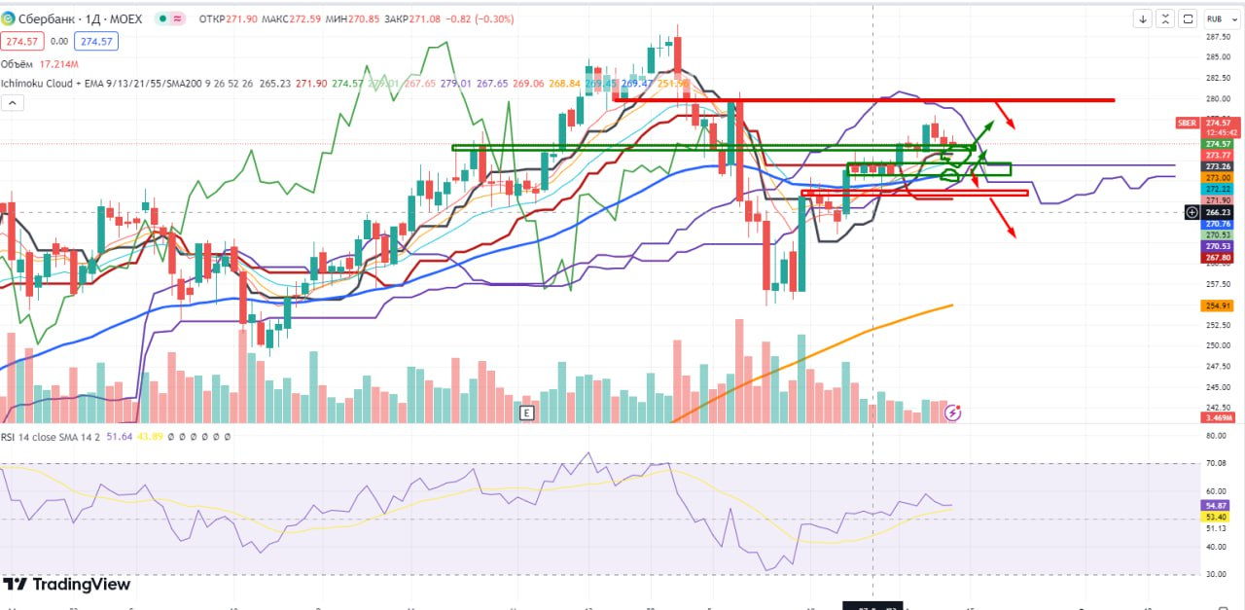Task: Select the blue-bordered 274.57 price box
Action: coord(97,41)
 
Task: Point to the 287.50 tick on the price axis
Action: coord(1219,37)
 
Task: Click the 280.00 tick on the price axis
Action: coord(1219,98)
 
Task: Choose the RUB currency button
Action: coord(1215,18)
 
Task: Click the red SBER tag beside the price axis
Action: coord(1187,124)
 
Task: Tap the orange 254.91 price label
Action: coord(1219,305)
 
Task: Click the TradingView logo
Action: coord(68,585)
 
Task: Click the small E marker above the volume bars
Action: coord(526,413)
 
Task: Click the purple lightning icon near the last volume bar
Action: coord(953,413)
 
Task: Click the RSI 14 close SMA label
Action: coord(48,437)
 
